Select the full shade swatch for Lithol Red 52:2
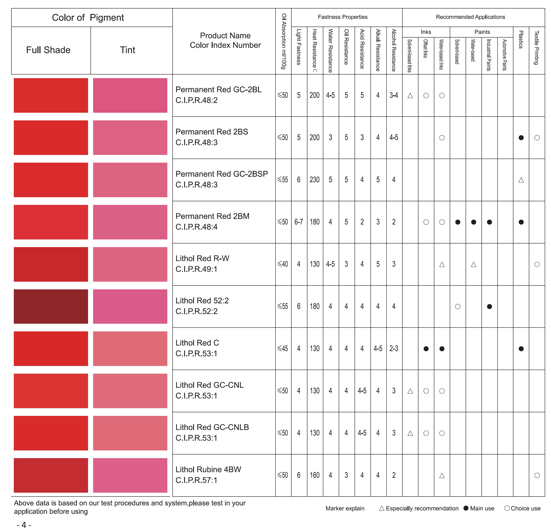pyautogui.click(x=51, y=306)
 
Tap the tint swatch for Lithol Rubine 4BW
pyautogui.click(x=130, y=475)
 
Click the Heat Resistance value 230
pyautogui.click(x=314, y=180)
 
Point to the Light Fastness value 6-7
pyautogui.click(x=299, y=222)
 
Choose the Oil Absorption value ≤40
pyautogui.click(x=283, y=264)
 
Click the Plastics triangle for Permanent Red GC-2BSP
pyautogui.click(x=521, y=180)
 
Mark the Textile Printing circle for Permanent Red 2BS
pyautogui.click(x=537, y=138)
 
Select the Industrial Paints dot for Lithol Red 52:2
pyautogui.click(x=489, y=306)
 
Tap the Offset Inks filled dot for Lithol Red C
pyautogui.click(x=426, y=349)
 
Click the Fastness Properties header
pyautogui.click(x=342, y=17)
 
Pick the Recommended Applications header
pyautogui.click(x=470, y=17)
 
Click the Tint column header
pyautogui.click(x=128, y=50)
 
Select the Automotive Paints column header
pyautogui.click(x=505, y=55)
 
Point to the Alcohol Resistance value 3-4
pyautogui.click(x=394, y=95)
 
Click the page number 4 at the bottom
pyautogui.click(x=24, y=525)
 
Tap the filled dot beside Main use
pyautogui.click(x=466, y=508)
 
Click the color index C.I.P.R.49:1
pyautogui.click(x=196, y=269)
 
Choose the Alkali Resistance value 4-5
pyautogui.click(x=378, y=349)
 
